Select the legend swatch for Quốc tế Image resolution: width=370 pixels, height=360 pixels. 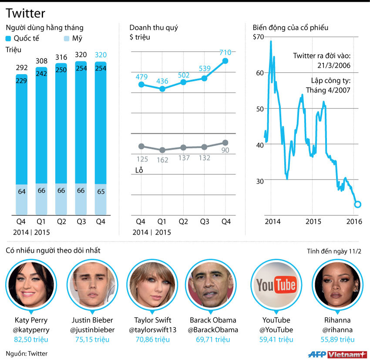[9, 38]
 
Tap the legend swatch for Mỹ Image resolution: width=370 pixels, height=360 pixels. [67, 38]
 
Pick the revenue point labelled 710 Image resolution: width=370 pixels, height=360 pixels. [225, 61]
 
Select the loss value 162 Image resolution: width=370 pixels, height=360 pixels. [162, 160]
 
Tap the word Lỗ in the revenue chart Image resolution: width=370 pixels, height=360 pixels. [139, 170]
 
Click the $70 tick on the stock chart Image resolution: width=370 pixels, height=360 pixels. [258, 37]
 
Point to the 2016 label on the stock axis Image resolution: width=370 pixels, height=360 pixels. [354, 221]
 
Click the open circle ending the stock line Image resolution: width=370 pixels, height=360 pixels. [358, 204]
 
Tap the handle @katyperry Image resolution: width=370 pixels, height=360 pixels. [31, 330]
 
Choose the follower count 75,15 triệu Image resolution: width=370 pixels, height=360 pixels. [92, 340]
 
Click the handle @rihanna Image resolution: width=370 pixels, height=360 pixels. [337, 330]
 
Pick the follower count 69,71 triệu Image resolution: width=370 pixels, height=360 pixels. [213, 340]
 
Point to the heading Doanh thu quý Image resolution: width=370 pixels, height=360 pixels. [154, 28]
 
